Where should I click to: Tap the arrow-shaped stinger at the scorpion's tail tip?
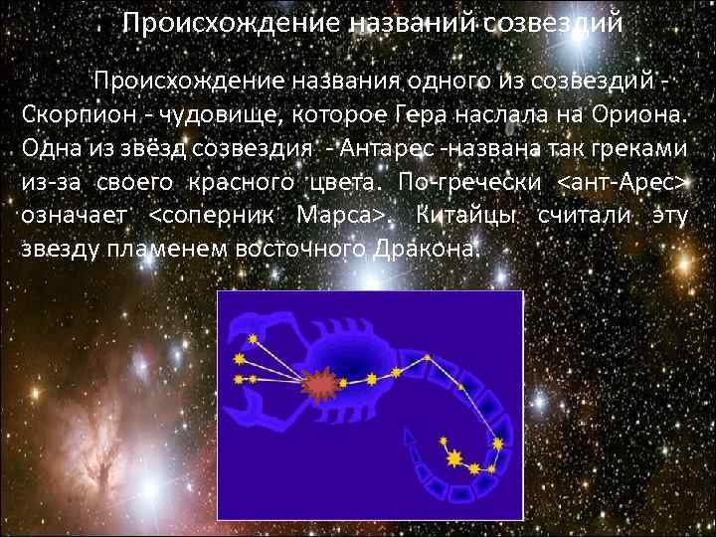click(413, 438)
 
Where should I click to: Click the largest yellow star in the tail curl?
click(453, 458)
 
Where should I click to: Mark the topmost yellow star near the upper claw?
click(253, 339)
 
